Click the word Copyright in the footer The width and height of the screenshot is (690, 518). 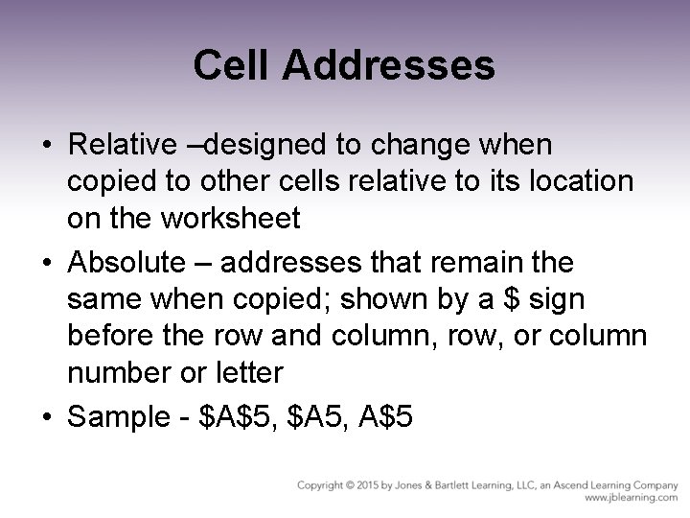[321, 485]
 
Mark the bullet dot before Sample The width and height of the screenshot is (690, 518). [47, 416]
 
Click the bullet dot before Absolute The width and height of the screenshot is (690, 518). [47, 262]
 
